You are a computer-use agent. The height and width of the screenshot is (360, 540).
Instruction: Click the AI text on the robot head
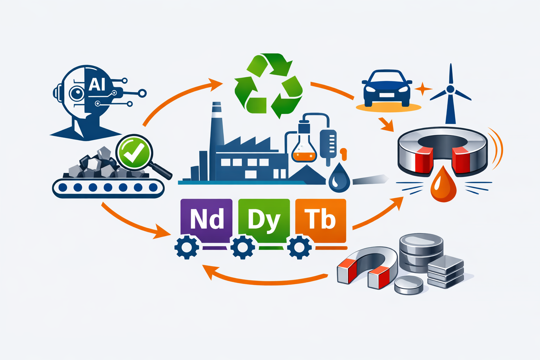(97, 84)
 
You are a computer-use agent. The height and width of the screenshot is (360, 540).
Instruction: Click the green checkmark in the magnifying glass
(134, 152)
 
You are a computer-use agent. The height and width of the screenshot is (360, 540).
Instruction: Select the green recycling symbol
(269, 85)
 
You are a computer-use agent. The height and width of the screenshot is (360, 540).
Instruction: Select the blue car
(387, 88)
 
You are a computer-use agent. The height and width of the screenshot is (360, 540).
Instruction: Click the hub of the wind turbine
(450, 89)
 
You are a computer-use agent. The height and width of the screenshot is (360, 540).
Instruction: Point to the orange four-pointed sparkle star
(422, 89)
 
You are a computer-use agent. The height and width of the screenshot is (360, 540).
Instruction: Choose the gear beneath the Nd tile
(187, 247)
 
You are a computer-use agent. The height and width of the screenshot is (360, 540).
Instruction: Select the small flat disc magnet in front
(409, 285)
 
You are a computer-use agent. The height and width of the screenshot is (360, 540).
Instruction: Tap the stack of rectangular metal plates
(445, 272)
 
